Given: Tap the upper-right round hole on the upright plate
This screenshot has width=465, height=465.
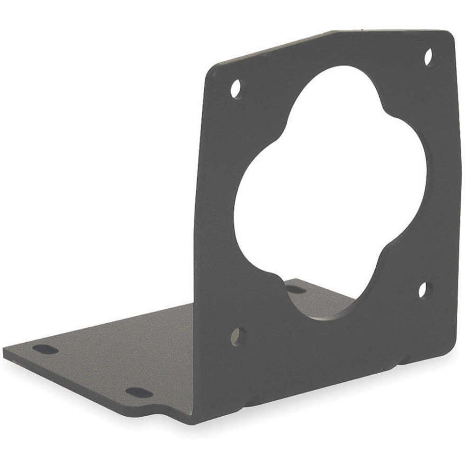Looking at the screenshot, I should (429, 57).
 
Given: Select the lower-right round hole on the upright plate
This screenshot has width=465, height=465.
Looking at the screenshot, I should (424, 290).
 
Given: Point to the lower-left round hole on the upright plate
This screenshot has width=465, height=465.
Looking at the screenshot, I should (237, 334).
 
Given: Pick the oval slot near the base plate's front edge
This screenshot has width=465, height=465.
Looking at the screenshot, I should (139, 393).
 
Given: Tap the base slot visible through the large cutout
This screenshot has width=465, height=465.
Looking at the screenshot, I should (296, 290).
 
